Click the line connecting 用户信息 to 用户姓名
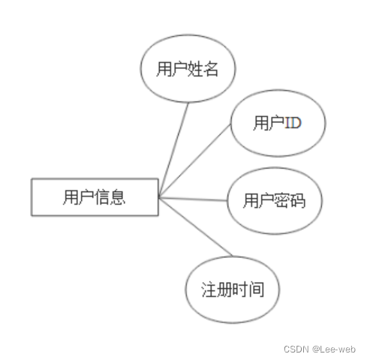[173, 149]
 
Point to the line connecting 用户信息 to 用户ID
[195, 160]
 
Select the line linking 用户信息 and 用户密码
[193, 199]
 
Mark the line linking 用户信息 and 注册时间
[196, 226]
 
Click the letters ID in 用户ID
[293, 123]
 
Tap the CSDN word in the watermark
[296, 349]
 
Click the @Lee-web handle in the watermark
[334, 349]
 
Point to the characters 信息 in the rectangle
[110, 197]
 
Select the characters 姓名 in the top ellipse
[203, 69]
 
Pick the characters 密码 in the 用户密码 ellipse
[290, 200]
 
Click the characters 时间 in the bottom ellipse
[248, 289]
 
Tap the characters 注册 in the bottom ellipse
[217, 289]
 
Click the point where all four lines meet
[159, 197]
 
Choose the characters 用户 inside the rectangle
[79, 197]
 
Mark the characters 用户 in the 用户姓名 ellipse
[172, 69]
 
